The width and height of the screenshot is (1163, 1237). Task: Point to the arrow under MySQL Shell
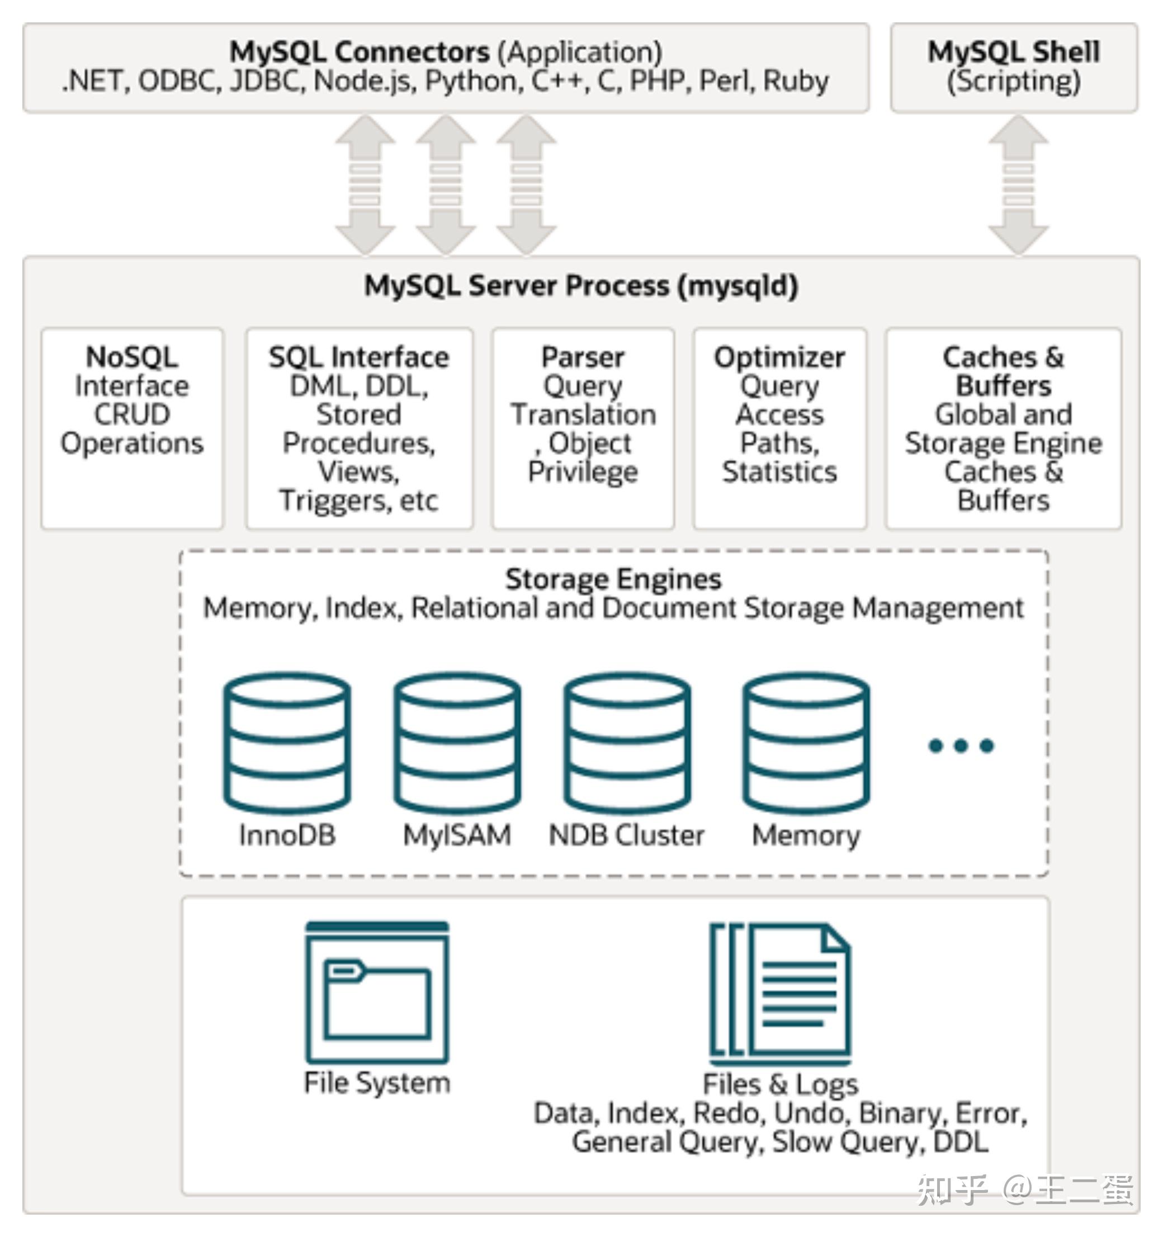pyautogui.click(x=1018, y=185)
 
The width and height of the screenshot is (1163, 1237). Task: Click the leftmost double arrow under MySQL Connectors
pyautogui.click(x=365, y=185)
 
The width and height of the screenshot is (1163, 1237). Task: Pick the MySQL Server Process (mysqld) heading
pyautogui.click(x=580, y=286)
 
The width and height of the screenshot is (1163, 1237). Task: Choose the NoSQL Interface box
pyautogui.click(x=132, y=428)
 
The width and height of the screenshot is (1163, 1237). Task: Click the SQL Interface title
pyautogui.click(x=358, y=357)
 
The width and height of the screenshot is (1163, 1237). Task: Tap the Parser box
pyautogui.click(x=583, y=428)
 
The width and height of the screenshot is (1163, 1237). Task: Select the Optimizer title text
pyautogui.click(x=779, y=357)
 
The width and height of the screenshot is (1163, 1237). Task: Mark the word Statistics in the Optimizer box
pyautogui.click(x=779, y=471)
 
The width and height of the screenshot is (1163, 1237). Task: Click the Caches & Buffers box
pyautogui.click(x=1003, y=428)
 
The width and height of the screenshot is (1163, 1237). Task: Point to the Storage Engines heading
pyautogui.click(x=613, y=579)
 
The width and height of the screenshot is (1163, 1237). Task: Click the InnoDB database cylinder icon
pyautogui.click(x=287, y=743)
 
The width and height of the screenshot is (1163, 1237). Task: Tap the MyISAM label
pyautogui.click(x=457, y=835)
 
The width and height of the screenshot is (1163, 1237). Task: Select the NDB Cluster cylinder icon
pyautogui.click(x=627, y=743)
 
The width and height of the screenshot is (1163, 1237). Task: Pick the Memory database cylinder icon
pyautogui.click(x=806, y=743)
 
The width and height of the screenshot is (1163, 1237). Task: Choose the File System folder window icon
pyautogui.click(x=377, y=993)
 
